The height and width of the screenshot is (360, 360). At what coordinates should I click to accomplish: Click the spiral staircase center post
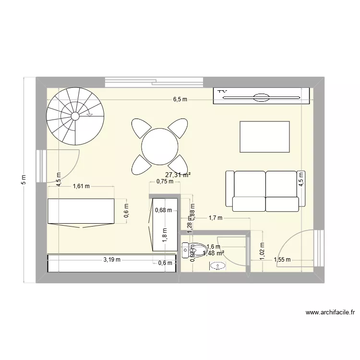click(x=75, y=116)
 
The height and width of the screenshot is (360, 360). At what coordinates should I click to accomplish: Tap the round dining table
click(x=159, y=145)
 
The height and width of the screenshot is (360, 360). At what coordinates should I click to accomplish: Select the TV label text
click(x=222, y=90)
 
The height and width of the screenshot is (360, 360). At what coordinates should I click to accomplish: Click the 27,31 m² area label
click(x=177, y=175)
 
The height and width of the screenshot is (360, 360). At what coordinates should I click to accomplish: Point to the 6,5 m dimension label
click(x=181, y=99)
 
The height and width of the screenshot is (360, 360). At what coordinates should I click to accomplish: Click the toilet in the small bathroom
click(x=191, y=249)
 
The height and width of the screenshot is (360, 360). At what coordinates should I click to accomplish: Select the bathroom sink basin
click(x=219, y=265)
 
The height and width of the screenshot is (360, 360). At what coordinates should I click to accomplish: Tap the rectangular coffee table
click(x=264, y=137)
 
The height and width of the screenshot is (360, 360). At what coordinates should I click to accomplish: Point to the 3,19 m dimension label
click(x=112, y=260)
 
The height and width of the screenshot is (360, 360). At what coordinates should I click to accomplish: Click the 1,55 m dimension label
click(x=282, y=260)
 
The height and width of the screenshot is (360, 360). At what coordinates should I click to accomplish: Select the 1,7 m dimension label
click(x=216, y=218)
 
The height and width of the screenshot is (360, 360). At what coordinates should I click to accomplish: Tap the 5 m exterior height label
click(x=24, y=180)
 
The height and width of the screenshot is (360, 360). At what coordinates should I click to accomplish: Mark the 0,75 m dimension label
click(x=164, y=181)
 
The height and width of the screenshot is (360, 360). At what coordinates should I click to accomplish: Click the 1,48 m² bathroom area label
click(x=214, y=253)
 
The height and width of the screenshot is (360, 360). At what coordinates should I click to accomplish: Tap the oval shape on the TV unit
click(x=262, y=97)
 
